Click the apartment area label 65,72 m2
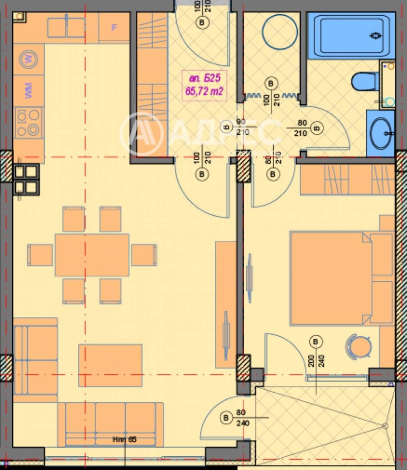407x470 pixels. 204,92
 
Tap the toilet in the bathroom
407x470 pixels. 366,81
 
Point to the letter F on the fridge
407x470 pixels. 114,27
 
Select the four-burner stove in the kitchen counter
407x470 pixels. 28,123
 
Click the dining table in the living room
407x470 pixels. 92,255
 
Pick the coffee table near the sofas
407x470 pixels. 110,365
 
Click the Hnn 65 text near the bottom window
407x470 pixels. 125,439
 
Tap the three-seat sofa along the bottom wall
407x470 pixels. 110,423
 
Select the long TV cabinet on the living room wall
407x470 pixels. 225,304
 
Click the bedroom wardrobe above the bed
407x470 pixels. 347,180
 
